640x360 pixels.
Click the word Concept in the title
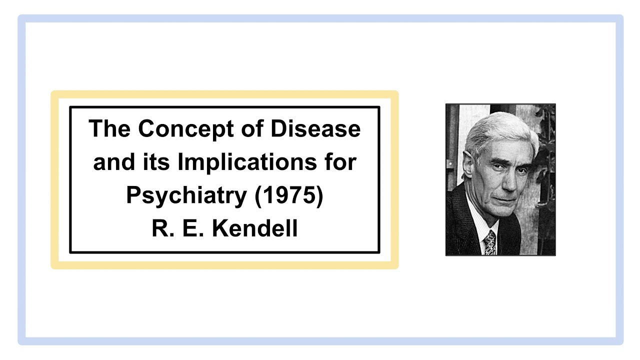[186, 129]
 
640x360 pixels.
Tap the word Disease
[315, 129]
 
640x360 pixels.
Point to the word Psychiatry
[186, 196]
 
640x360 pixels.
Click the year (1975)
[289, 196]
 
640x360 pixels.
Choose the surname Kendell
[255, 228]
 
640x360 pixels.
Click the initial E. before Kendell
[193, 228]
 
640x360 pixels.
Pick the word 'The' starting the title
[109, 128]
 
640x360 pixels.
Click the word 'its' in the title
[156, 161]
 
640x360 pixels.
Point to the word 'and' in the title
[114, 161]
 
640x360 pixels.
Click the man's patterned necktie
[490, 243]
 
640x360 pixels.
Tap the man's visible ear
[469, 165]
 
